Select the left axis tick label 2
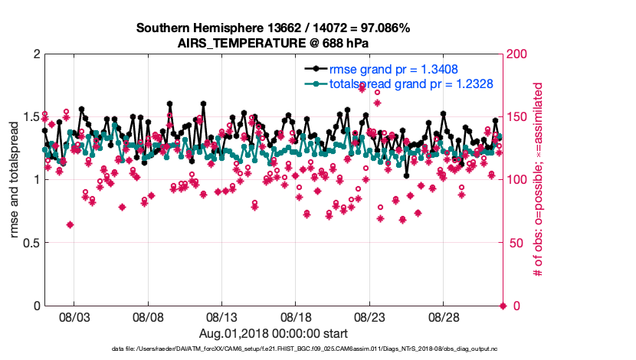pos(36,54)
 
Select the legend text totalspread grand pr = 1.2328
pos(411,83)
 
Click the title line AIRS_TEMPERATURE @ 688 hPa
pos(273,43)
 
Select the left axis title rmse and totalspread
pos(15,180)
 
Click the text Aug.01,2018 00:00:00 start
pos(273,333)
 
